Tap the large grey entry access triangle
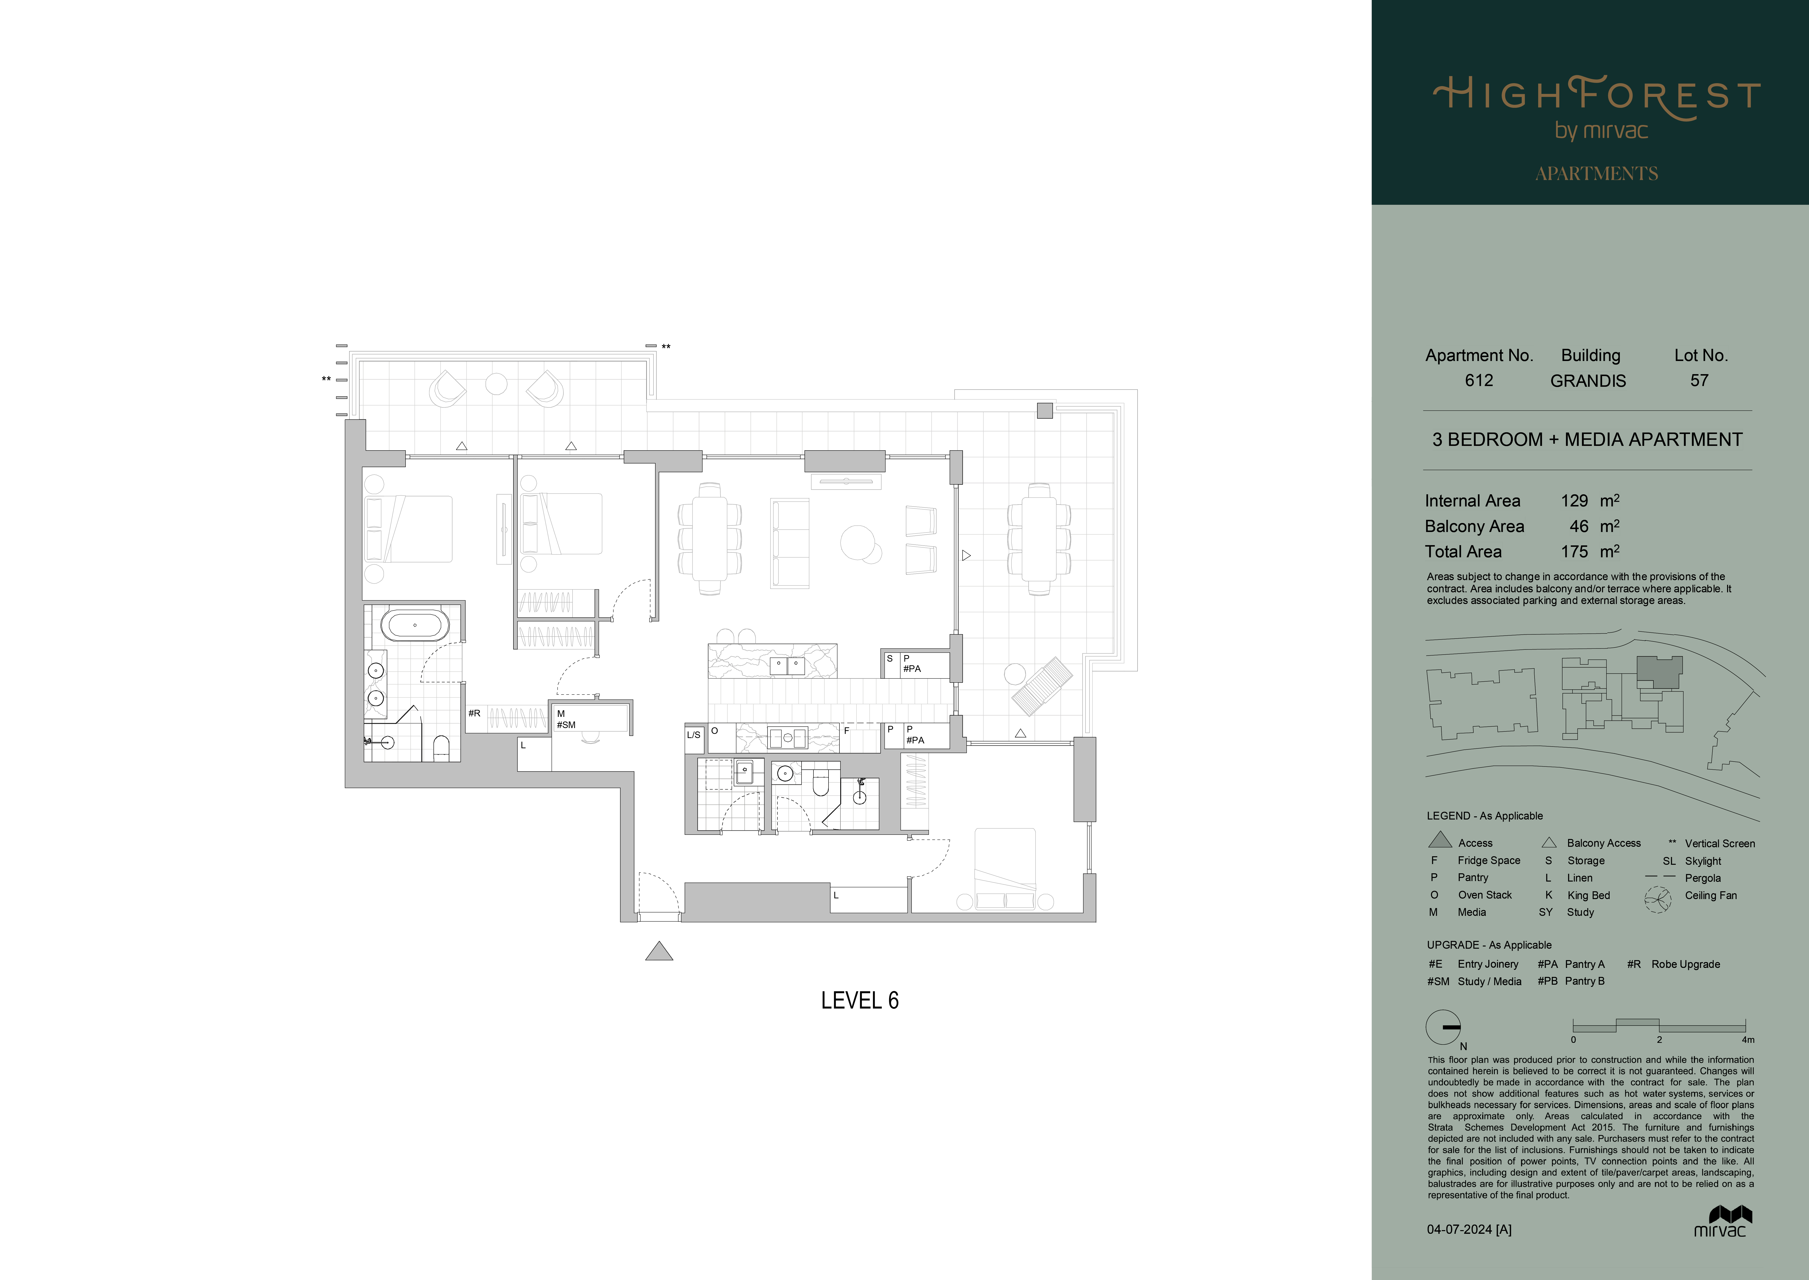coord(660,952)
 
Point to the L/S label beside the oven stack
coord(693,735)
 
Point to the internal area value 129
coord(1574,500)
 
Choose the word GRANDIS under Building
coord(1588,381)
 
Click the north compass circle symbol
coord(1443,1027)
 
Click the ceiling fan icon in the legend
coord(1658,900)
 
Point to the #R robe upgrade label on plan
coord(474,713)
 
